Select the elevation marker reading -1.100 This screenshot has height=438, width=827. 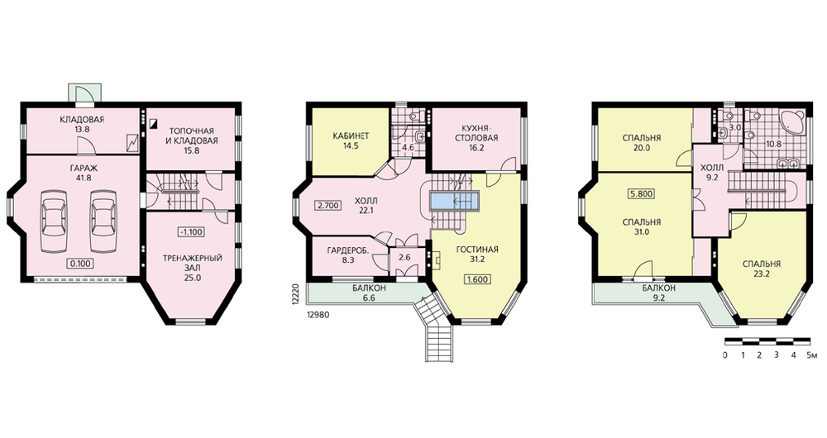pos(190,231)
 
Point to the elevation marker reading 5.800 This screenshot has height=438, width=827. pos(642,194)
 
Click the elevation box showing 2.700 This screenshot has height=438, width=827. pos(328,206)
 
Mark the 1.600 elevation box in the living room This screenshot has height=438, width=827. pos(477,280)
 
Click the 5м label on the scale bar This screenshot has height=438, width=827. pos(812,355)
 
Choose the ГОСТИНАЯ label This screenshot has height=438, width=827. pos(477,250)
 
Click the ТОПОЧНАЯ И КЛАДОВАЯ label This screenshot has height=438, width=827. pos(194,136)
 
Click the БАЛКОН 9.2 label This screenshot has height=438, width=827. pos(659,293)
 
